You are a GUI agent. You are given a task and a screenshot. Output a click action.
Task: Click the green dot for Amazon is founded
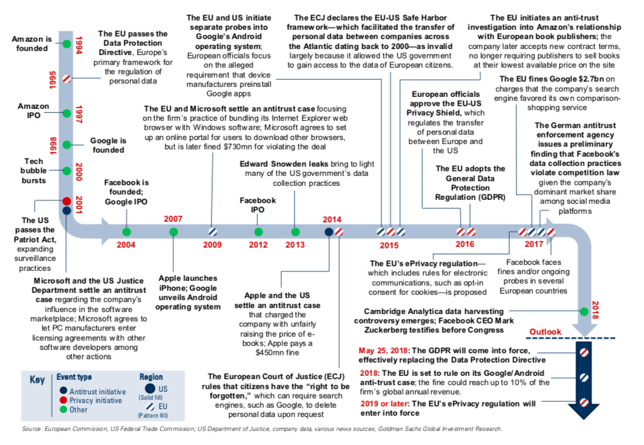point(66,44)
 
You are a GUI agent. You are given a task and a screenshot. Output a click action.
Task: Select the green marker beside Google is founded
point(66,145)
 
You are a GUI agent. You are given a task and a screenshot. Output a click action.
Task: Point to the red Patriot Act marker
point(66,201)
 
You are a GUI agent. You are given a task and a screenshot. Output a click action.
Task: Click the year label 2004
point(126,244)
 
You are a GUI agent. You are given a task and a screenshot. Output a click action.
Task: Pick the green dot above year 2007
point(173,232)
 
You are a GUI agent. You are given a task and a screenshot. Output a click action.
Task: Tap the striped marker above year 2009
point(213,232)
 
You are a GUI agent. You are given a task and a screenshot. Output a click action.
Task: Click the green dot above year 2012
point(259,232)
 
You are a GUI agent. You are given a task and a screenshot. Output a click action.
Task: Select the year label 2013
point(295,244)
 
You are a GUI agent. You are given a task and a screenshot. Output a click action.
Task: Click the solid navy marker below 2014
point(328,232)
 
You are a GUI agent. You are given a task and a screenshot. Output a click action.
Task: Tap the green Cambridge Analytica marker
point(584,311)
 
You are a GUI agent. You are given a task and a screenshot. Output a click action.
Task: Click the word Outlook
point(545,331)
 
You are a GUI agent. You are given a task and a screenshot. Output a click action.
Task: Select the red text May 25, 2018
point(383,350)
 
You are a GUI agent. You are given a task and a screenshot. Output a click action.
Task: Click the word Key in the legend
point(37,380)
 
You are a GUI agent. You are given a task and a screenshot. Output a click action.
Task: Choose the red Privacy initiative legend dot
point(63,400)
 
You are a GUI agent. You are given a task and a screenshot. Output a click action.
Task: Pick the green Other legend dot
point(63,410)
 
